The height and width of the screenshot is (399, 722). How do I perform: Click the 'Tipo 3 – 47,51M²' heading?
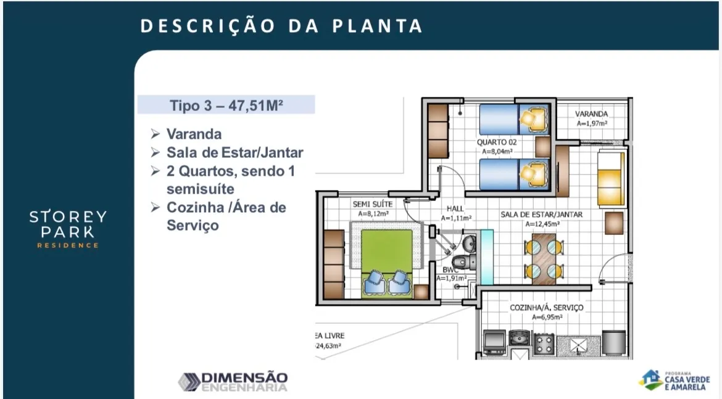[226, 105]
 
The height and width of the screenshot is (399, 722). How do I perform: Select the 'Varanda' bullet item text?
[194, 134]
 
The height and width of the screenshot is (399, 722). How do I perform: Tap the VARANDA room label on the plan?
[591, 113]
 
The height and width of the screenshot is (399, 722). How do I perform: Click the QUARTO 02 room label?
[497, 142]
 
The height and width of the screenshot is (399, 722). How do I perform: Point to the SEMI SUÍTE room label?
[373, 204]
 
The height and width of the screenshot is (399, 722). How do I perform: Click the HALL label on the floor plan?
[455, 208]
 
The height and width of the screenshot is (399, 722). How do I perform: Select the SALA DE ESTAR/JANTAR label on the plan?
[542, 215]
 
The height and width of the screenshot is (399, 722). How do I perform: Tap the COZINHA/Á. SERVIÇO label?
[547, 307]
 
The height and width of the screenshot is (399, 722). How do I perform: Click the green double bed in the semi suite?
[387, 263]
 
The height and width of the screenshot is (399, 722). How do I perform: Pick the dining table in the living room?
[544, 258]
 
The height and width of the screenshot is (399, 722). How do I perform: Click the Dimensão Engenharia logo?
[233, 382]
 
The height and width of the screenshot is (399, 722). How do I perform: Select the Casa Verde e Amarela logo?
[674, 380]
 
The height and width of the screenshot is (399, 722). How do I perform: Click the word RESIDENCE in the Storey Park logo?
[68, 245]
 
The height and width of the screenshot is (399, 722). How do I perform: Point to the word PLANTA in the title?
[377, 26]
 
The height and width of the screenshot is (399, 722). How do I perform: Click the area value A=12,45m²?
[542, 224]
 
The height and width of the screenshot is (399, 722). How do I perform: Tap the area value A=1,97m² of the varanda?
[592, 123]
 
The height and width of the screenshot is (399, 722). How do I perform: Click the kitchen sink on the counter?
[520, 338]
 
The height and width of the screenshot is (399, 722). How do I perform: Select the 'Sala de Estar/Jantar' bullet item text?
[235, 152]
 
